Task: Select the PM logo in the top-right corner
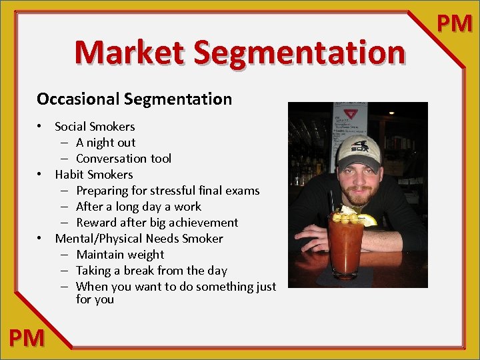coord(455,23)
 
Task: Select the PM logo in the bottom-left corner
coord(27,338)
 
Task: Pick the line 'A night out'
coord(105,143)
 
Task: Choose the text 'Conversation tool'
coord(123,159)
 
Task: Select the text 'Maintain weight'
coord(120,255)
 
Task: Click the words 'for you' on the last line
coord(95,299)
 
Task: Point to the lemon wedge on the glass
coord(367,219)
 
